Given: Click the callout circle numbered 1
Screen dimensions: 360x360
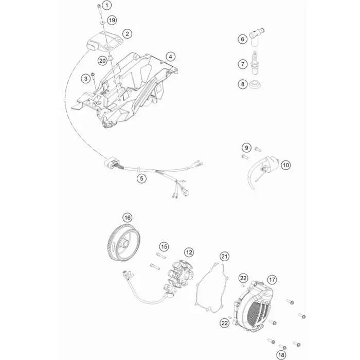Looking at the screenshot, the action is (106, 5).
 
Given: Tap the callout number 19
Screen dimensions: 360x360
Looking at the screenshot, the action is (112, 20).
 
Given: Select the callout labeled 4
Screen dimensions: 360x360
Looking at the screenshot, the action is (171, 57).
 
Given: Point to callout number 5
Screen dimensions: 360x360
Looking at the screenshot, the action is (141, 178).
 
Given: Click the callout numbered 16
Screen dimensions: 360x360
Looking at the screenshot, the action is (128, 217).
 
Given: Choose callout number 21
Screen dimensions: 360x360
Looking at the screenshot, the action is (224, 256).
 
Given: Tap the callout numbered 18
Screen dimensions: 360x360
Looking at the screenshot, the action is (281, 355).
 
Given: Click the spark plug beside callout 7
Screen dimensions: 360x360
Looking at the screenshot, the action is (254, 63).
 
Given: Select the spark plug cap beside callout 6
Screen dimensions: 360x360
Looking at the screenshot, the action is (256, 37).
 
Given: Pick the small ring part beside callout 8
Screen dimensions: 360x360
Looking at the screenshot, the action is (255, 85).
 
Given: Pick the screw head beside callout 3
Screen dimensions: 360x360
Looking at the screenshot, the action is (93, 74).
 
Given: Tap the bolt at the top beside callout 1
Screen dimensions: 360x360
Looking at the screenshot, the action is (99, 7).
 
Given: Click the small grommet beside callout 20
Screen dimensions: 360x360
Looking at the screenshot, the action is (111, 58).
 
